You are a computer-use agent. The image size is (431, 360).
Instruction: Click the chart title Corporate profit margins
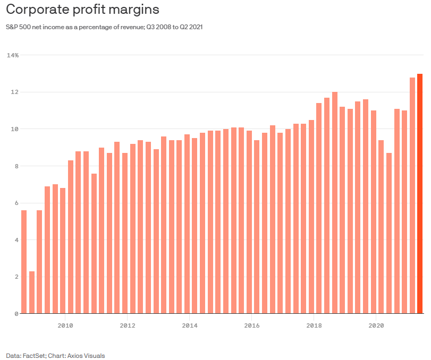click(82, 10)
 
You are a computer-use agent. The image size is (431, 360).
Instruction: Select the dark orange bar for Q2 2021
click(420, 194)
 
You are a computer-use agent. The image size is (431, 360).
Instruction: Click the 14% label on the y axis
click(13, 55)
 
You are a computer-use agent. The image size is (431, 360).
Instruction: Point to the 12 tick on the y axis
click(15, 92)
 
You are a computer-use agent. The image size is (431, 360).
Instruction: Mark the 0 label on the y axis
click(16, 314)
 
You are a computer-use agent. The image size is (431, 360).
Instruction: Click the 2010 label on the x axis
click(65, 324)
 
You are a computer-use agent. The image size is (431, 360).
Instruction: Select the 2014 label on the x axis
click(189, 324)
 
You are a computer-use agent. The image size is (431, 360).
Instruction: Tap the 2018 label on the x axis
click(314, 324)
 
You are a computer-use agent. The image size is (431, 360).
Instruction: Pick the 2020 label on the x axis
click(376, 324)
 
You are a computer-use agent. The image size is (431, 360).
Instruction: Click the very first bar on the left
click(24, 262)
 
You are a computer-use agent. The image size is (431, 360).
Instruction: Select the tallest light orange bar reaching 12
click(335, 203)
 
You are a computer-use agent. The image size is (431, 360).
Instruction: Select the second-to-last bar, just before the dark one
click(412, 195)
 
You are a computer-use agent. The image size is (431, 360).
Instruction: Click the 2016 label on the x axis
click(251, 324)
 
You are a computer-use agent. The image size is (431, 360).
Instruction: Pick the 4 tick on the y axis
click(16, 240)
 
